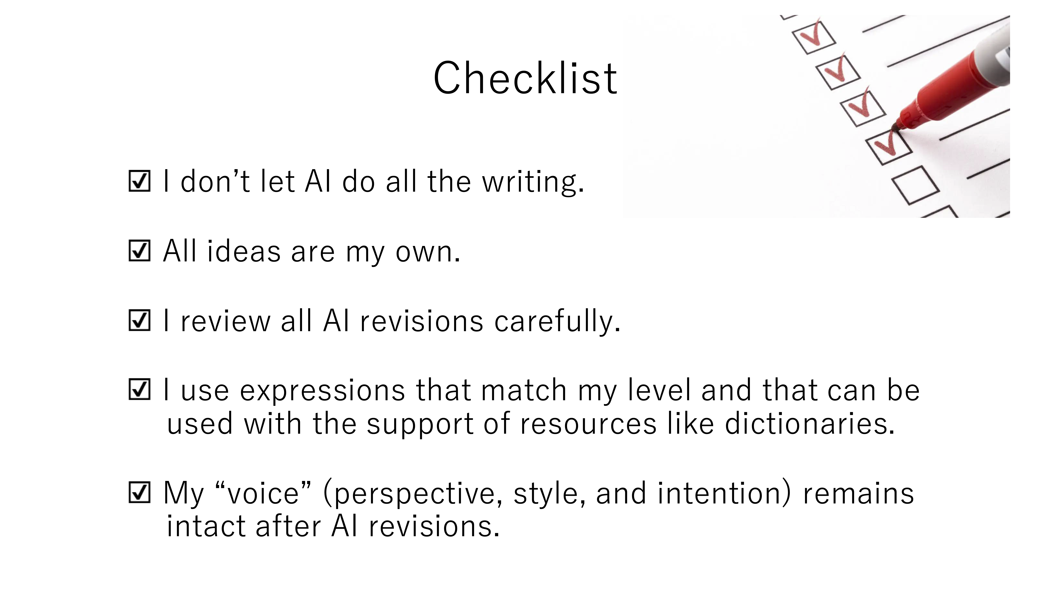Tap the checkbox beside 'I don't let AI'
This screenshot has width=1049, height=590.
coord(139,181)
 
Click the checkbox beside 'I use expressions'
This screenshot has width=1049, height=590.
coord(139,390)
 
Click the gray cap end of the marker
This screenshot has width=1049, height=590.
coord(996,53)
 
